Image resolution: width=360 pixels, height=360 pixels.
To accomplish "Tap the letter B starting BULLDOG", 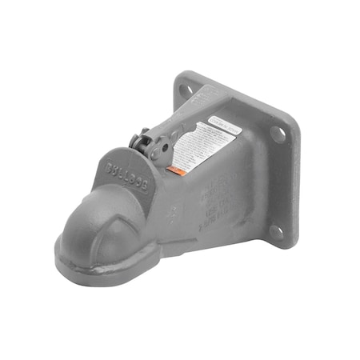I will click(110, 169).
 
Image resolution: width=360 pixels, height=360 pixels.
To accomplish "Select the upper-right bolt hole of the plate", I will click(276, 134).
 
